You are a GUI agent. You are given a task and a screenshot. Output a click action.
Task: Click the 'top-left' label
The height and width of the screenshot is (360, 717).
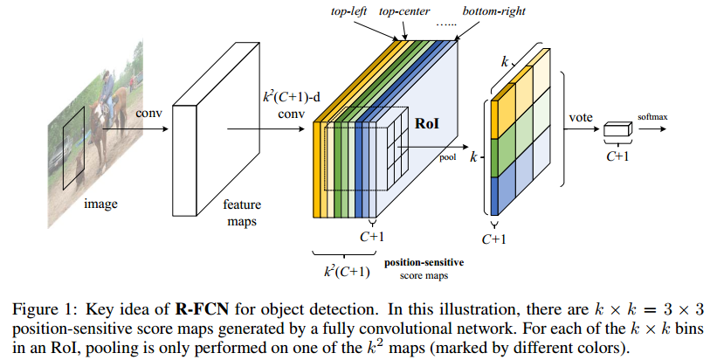(x=348, y=11)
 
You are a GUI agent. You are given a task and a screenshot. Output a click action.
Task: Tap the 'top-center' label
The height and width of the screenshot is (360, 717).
(x=404, y=11)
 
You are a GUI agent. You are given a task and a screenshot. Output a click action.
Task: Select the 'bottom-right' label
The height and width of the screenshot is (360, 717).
(x=493, y=11)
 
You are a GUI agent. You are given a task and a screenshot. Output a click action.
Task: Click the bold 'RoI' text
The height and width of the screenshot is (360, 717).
(x=427, y=123)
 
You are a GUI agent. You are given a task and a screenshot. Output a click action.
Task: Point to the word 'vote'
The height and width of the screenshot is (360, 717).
(x=581, y=118)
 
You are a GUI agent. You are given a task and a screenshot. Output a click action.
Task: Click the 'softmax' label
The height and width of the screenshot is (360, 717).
(x=652, y=116)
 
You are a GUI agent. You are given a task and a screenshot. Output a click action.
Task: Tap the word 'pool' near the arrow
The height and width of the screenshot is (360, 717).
(x=448, y=158)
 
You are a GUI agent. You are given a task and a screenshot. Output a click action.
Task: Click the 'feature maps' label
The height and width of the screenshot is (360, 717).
(x=242, y=212)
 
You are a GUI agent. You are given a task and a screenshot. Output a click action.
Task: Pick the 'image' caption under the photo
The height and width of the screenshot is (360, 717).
(x=100, y=204)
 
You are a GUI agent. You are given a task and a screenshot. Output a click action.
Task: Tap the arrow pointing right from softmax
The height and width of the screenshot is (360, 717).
(x=652, y=129)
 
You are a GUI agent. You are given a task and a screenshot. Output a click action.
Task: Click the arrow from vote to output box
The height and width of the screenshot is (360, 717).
(x=582, y=129)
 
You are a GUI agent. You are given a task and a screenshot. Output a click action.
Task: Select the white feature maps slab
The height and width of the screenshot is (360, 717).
(x=216, y=128)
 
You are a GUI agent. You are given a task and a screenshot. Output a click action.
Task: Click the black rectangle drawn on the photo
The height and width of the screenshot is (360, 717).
(x=73, y=148)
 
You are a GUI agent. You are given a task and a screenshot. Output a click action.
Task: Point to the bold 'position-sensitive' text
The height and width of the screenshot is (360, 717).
(x=424, y=262)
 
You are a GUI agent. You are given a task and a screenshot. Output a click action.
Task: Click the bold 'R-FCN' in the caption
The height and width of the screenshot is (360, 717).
(x=202, y=309)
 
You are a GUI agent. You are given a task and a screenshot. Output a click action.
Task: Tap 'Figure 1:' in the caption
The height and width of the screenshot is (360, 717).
(x=43, y=309)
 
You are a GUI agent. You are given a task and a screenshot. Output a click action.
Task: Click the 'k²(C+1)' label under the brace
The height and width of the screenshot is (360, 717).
(x=347, y=271)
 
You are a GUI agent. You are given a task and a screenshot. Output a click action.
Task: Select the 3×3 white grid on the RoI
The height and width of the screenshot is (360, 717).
(x=396, y=149)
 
